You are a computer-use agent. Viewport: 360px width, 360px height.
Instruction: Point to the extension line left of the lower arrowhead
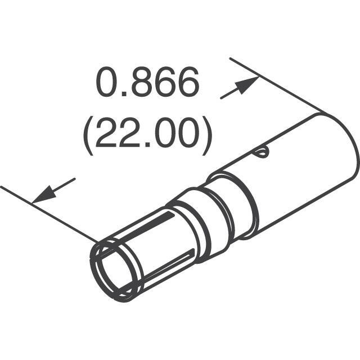click(14, 193)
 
